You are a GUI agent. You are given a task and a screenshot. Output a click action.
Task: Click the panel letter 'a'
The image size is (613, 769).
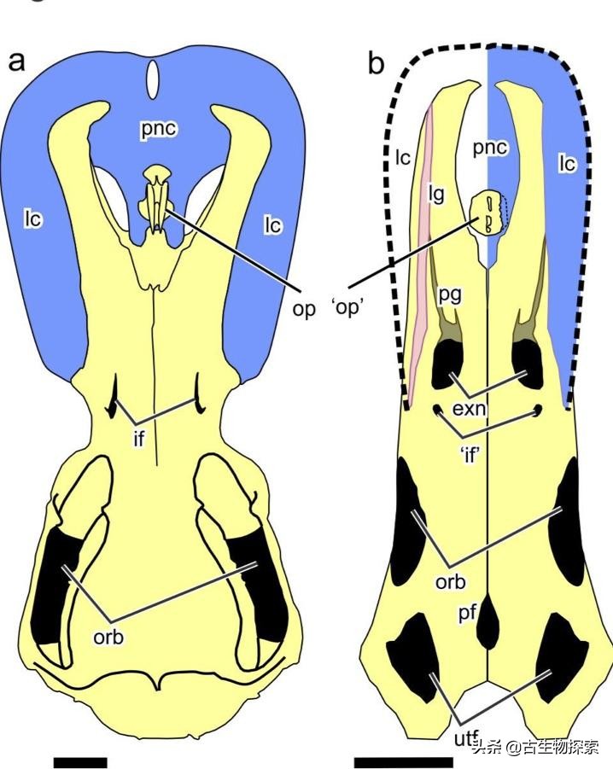click(x=17, y=62)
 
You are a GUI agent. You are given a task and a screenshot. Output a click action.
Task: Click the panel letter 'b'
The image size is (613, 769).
click(x=377, y=62)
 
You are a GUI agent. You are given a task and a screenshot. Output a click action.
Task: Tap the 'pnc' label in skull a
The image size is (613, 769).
click(x=159, y=129)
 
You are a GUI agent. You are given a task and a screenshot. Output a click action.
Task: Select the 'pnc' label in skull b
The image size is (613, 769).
click(x=490, y=147)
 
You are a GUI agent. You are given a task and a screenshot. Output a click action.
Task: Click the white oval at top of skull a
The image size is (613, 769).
click(x=154, y=79)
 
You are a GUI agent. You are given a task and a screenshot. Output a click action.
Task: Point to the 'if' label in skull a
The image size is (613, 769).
click(x=139, y=438)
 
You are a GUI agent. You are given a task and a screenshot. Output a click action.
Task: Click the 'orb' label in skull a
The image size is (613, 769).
click(x=109, y=637)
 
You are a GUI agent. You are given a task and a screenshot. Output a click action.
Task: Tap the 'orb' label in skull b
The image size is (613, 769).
click(x=450, y=581)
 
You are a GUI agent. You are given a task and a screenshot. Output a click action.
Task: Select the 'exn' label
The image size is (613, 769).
click(x=469, y=408)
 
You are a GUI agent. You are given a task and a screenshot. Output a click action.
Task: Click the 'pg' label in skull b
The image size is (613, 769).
click(x=450, y=296)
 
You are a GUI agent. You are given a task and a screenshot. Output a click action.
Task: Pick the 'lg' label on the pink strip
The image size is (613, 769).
click(x=436, y=195)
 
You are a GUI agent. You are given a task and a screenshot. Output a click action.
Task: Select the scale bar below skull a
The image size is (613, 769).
click(x=80, y=762)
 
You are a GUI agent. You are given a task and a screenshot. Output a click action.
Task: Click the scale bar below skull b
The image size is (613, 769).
click(x=404, y=762)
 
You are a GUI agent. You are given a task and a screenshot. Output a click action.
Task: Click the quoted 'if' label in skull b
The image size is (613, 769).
click(x=470, y=455)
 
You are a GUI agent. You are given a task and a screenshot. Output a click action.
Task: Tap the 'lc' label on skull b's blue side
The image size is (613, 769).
click(x=568, y=163)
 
